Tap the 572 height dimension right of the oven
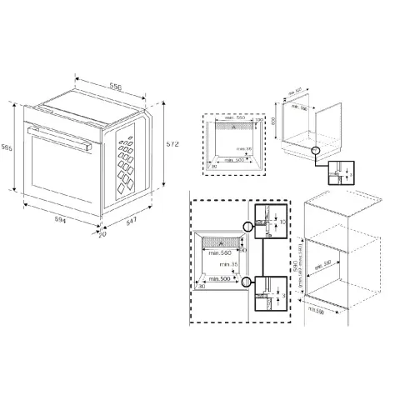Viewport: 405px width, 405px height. click(172, 143)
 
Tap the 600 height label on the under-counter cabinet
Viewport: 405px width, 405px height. click(275, 120)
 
